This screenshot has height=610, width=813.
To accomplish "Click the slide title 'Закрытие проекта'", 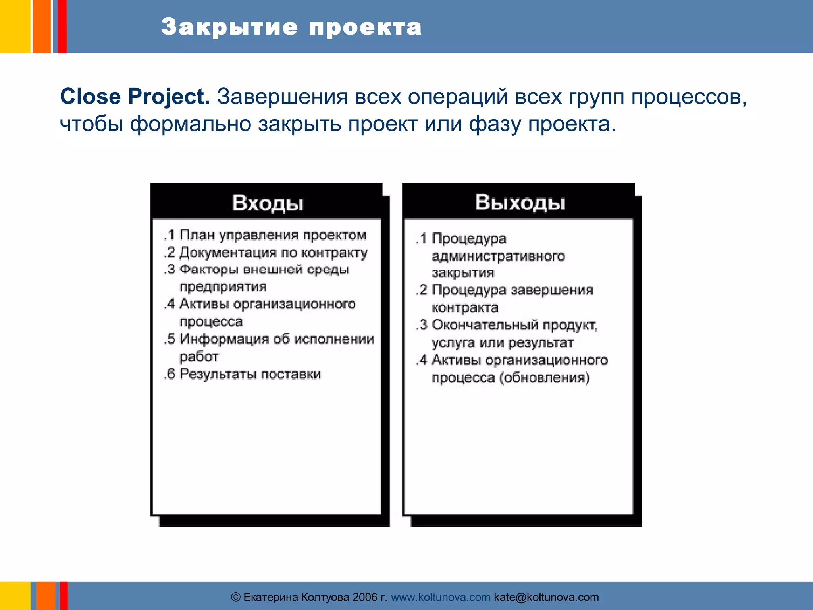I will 291,27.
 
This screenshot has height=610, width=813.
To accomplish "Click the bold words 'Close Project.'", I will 135,97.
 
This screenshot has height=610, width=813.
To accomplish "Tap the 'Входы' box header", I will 268,203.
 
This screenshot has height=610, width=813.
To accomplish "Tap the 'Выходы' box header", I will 520,202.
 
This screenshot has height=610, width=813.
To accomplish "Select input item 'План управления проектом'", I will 273,235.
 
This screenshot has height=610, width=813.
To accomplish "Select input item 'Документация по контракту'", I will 273,253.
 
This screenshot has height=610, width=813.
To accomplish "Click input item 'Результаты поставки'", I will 250,374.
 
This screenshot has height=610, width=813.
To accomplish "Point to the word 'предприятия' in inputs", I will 223,287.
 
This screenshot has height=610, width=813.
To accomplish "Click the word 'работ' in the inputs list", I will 199,357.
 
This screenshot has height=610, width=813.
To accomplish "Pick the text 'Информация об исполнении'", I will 277,339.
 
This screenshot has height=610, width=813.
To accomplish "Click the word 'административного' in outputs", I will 498,256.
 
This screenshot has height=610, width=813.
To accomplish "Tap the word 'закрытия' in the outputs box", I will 463,273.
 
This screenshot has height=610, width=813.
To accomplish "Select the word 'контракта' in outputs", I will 465,308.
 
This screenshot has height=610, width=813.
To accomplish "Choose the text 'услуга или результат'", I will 503,343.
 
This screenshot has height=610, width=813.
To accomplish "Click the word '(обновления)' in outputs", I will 544,378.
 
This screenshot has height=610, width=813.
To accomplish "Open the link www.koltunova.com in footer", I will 440,597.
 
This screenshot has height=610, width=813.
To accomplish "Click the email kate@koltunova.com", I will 546,597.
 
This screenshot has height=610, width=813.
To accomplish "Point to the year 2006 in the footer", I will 365,597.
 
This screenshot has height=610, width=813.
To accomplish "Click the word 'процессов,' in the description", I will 689,97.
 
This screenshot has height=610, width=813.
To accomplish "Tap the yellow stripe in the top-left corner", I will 15,26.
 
